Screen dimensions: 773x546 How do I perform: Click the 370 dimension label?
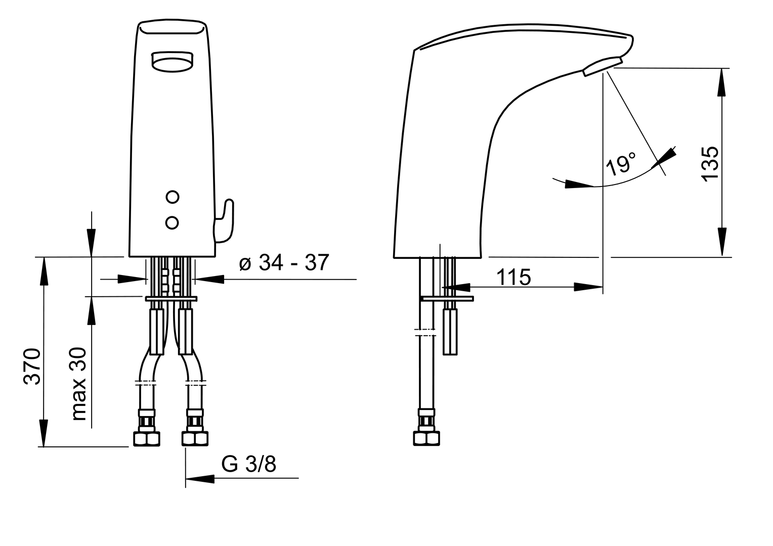tap(32, 367)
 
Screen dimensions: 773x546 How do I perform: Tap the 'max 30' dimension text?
tap(78, 384)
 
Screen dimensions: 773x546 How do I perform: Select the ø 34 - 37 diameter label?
tap(284, 262)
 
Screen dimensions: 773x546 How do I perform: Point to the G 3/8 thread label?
tap(249, 464)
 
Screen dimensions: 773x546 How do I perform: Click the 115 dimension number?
tap(513, 277)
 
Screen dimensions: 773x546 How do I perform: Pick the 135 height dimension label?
tap(710, 163)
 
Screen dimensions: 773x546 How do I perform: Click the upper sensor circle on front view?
tap(173, 197)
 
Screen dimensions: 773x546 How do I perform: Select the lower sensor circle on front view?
tap(172, 223)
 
